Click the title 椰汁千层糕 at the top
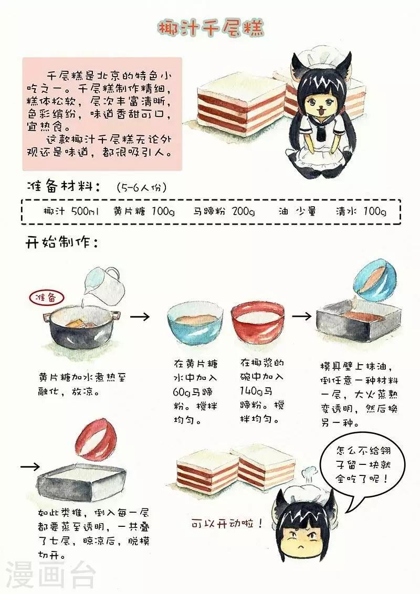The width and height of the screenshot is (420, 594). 211,28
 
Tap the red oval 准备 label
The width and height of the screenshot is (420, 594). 46,298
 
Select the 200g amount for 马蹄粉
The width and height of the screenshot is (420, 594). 244,211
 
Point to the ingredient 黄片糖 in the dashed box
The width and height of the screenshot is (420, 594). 129,211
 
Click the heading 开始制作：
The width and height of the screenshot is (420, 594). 62,242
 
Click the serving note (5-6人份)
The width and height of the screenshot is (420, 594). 142,187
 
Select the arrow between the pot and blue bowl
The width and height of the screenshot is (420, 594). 140,316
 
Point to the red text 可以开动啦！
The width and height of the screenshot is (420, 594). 227,524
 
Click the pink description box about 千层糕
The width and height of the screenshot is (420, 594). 102,114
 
